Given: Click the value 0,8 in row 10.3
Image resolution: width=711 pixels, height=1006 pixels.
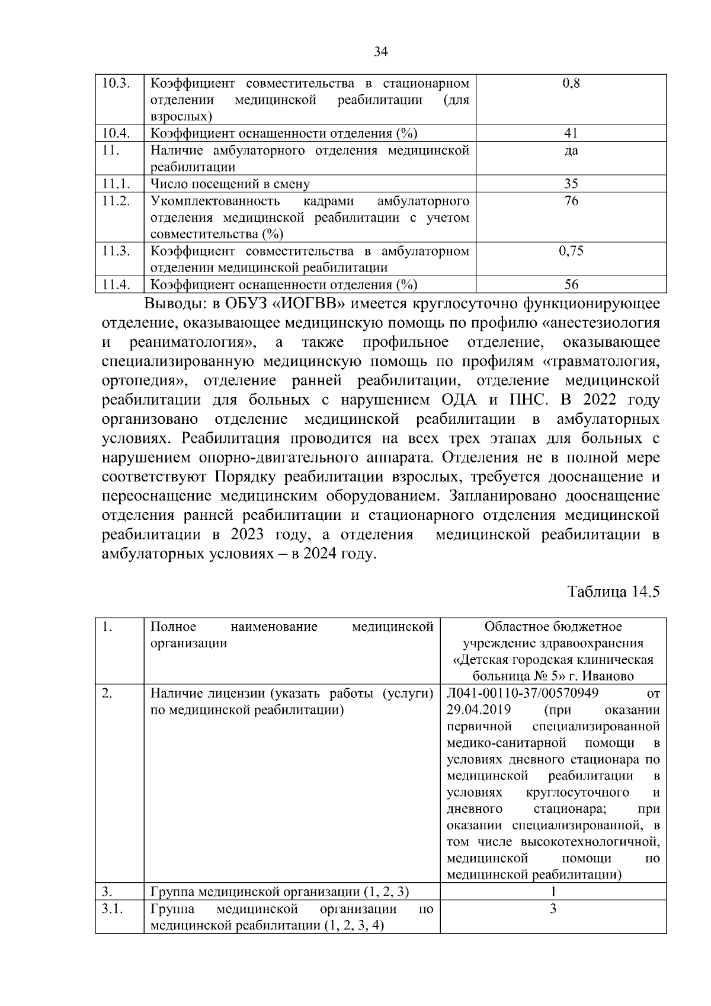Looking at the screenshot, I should [571, 83].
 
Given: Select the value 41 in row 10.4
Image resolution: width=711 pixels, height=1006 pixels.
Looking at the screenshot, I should [571, 133].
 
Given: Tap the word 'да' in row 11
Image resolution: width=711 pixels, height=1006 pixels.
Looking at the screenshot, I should [571, 151].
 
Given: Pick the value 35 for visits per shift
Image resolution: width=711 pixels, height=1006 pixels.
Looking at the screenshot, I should [571, 184].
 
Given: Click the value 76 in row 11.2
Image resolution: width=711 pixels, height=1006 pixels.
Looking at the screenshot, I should [571, 201].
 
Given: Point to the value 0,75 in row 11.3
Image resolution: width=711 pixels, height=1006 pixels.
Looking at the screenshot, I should [571, 251].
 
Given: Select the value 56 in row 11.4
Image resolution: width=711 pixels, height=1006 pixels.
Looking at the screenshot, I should [571, 285].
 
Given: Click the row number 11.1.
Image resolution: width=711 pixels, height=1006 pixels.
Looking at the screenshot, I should [116, 184].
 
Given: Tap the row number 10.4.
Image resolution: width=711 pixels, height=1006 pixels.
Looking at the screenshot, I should [116, 133].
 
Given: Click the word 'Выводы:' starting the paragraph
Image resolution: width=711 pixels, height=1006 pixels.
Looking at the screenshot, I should [175, 305].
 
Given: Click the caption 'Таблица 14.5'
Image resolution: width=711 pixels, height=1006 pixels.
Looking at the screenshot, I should [613, 592].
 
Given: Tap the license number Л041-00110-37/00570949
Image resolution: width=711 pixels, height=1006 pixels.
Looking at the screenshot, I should [523, 693].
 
